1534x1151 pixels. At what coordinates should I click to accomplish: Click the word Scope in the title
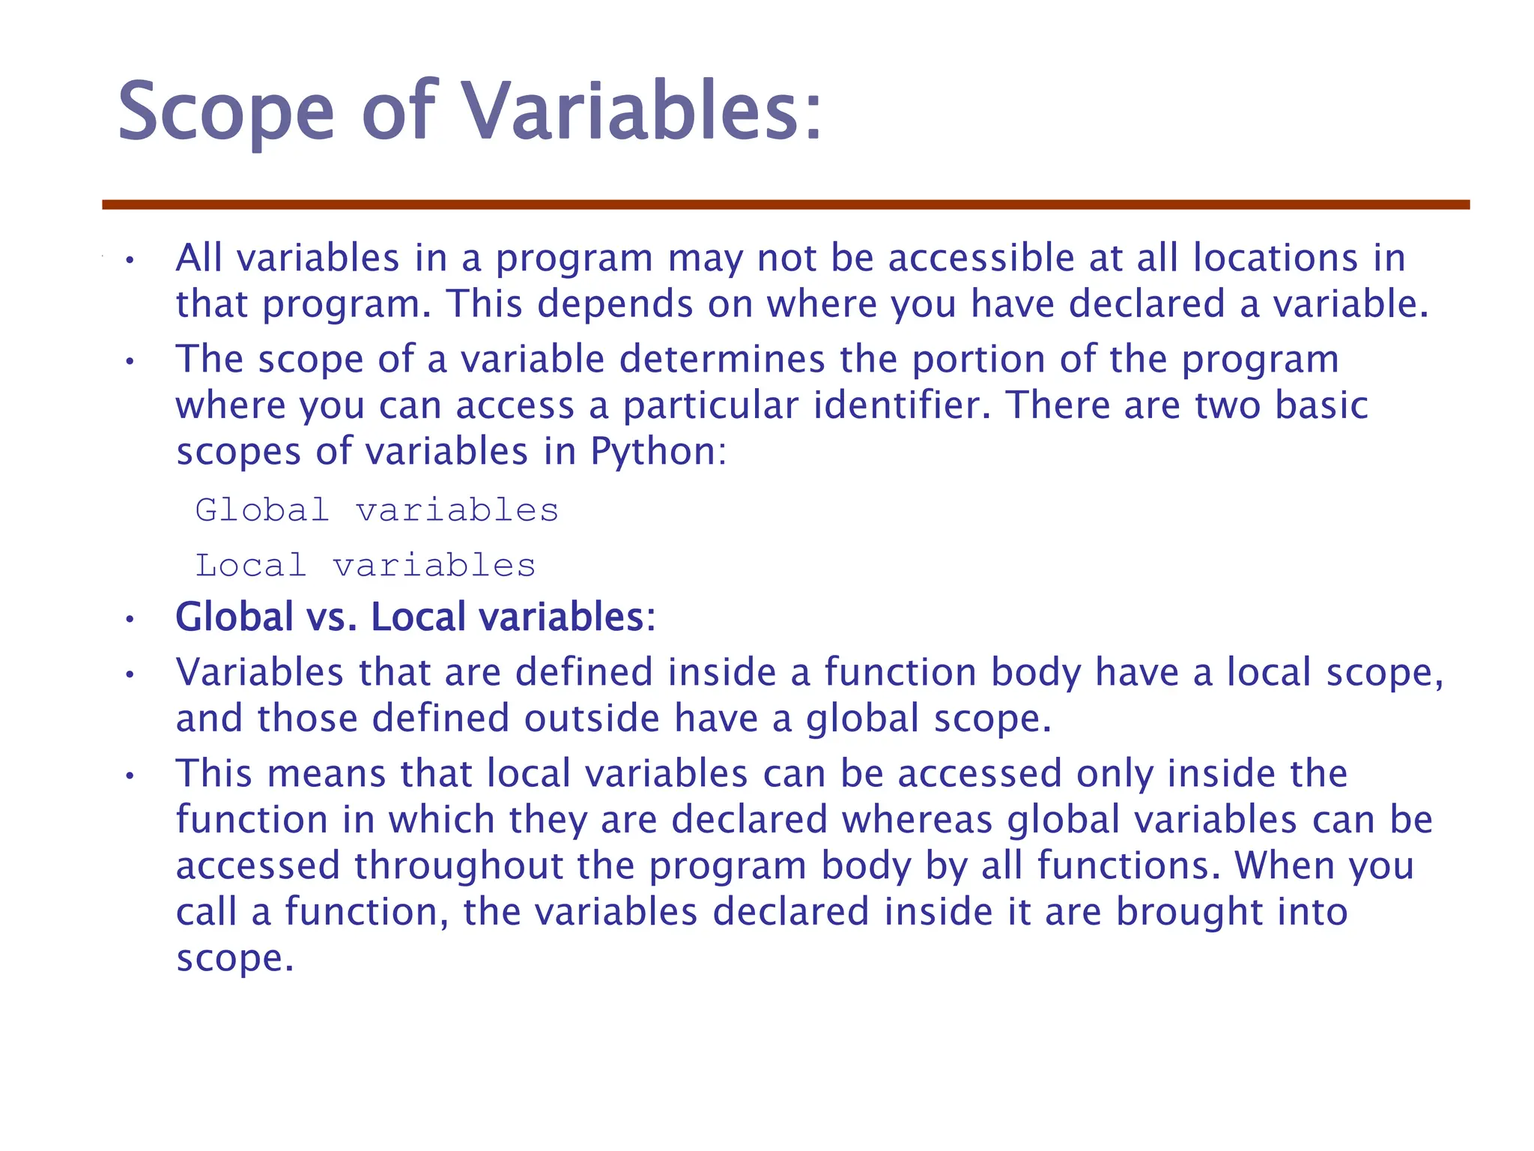(x=225, y=112)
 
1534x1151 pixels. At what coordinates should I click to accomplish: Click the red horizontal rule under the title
(x=786, y=205)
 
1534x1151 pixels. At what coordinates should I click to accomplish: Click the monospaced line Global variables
(x=377, y=510)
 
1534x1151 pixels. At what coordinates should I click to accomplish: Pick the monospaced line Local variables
(x=366, y=566)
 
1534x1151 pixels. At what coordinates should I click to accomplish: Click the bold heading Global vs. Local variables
(x=415, y=617)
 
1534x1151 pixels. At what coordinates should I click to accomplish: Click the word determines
(x=721, y=359)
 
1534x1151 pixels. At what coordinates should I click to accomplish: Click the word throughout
(x=458, y=865)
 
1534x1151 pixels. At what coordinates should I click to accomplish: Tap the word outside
(x=592, y=718)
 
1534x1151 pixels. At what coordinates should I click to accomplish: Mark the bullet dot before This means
(x=130, y=776)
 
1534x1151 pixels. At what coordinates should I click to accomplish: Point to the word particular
(x=711, y=405)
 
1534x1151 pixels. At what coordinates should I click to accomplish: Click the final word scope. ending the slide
(x=234, y=958)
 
